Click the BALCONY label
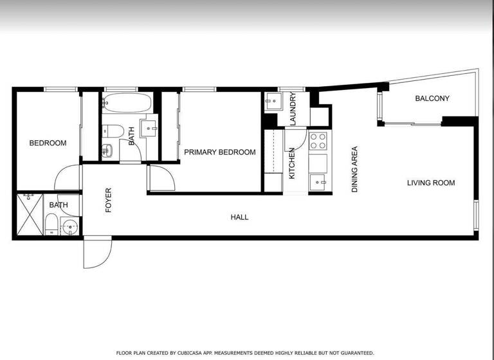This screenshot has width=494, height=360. pos(432,98)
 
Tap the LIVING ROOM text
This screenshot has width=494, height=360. pos(430,183)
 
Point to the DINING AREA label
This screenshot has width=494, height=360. pos(354,170)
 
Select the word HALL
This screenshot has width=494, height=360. pos(239,217)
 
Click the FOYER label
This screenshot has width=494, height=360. pos(108,200)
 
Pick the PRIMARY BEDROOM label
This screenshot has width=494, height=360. pos(219,152)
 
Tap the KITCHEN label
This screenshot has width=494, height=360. pos(291,163)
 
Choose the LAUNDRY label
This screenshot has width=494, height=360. pos(292,109)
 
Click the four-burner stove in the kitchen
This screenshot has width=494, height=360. pos(318,141)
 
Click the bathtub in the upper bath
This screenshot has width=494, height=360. pos(127,102)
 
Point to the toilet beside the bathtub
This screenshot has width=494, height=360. pos(112,130)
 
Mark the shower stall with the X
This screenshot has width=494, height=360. pos(30,216)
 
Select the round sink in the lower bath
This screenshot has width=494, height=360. pos(70,226)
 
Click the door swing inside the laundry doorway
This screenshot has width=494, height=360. pos(296,138)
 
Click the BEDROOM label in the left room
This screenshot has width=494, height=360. pos(48,143)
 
